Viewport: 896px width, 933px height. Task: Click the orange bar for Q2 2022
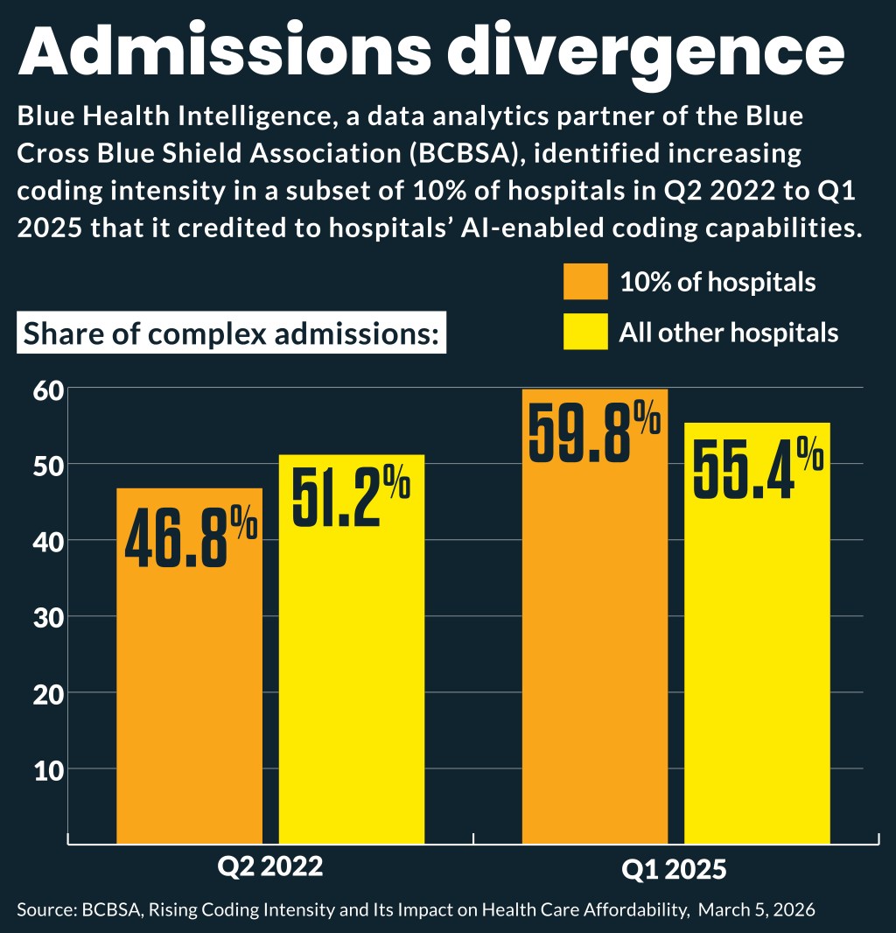pos(189,683)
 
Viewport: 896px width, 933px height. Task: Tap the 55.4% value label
pos(758,468)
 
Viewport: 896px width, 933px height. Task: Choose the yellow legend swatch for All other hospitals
pos(585,333)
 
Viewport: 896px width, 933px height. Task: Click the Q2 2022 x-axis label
pos(270,866)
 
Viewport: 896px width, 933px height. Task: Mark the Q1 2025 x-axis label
pos(674,870)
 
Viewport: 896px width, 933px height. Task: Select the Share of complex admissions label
pos(231,334)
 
